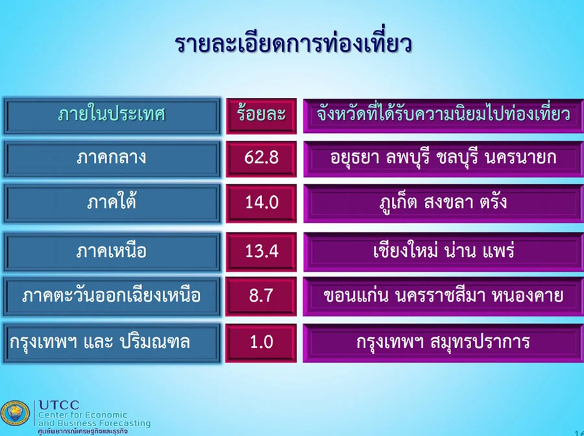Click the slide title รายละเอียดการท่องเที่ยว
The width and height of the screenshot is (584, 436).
point(293,44)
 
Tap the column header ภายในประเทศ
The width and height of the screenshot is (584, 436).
point(112,114)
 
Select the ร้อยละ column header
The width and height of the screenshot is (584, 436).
point(261,114)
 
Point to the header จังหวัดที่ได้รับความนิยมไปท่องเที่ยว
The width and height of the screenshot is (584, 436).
point(443,114)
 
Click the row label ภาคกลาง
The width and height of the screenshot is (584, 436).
point(112,158)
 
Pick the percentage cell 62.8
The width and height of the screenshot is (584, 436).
point(261,158)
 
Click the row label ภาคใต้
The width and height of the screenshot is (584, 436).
point(112,202)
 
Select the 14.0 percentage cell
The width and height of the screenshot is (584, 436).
point(262,202)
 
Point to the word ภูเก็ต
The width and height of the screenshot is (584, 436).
point(398,203)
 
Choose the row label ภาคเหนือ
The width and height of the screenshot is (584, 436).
point(112,251)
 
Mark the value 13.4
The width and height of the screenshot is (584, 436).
point(262,251)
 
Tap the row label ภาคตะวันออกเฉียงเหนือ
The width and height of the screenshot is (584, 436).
point(112,296)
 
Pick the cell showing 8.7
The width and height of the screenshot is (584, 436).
point(261,295)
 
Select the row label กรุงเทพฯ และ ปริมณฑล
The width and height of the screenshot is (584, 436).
point(100,341)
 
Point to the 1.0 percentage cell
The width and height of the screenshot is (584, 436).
point(262,341)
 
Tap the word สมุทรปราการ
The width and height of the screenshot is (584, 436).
point(480,341)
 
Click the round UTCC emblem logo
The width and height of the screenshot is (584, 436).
point(15,414)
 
